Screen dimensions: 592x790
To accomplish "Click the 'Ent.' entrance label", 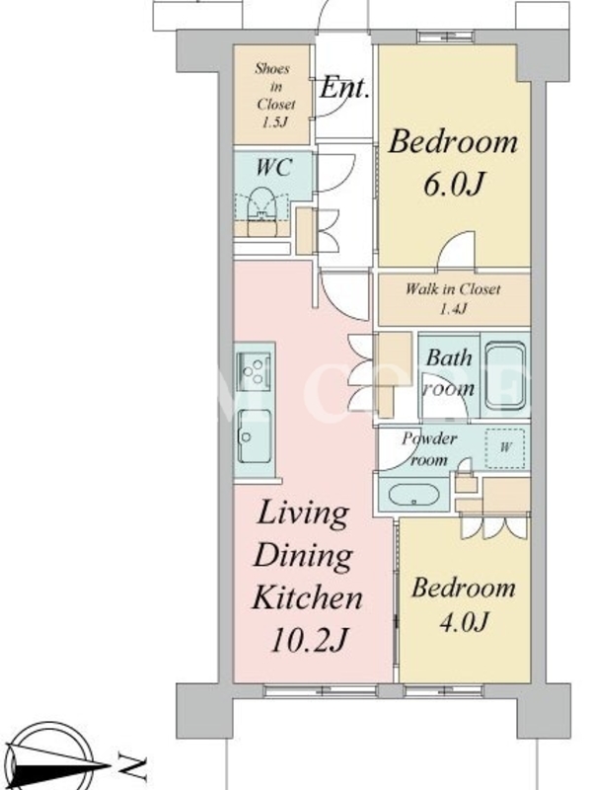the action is pos(344,88).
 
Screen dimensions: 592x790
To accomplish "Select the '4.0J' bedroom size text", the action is pos(464,621).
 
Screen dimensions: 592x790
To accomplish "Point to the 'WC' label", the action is pos(273,167).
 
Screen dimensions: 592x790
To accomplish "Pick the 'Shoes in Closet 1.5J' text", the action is pos(274,95).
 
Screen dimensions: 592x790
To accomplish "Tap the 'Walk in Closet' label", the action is pos(453,289).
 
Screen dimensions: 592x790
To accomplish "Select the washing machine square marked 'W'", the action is pos(506,448).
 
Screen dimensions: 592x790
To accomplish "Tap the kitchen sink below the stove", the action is pos(255,436).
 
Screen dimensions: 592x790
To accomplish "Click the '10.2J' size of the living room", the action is pos(309,640).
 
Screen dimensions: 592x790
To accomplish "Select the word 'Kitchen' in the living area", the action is pos(307,597).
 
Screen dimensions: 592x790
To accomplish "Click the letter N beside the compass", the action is pos(133,767).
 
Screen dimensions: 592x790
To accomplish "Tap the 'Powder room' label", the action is pos(428,448).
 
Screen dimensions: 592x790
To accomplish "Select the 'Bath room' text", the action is pos(449,373).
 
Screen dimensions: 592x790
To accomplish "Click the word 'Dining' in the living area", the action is pos(303,556).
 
